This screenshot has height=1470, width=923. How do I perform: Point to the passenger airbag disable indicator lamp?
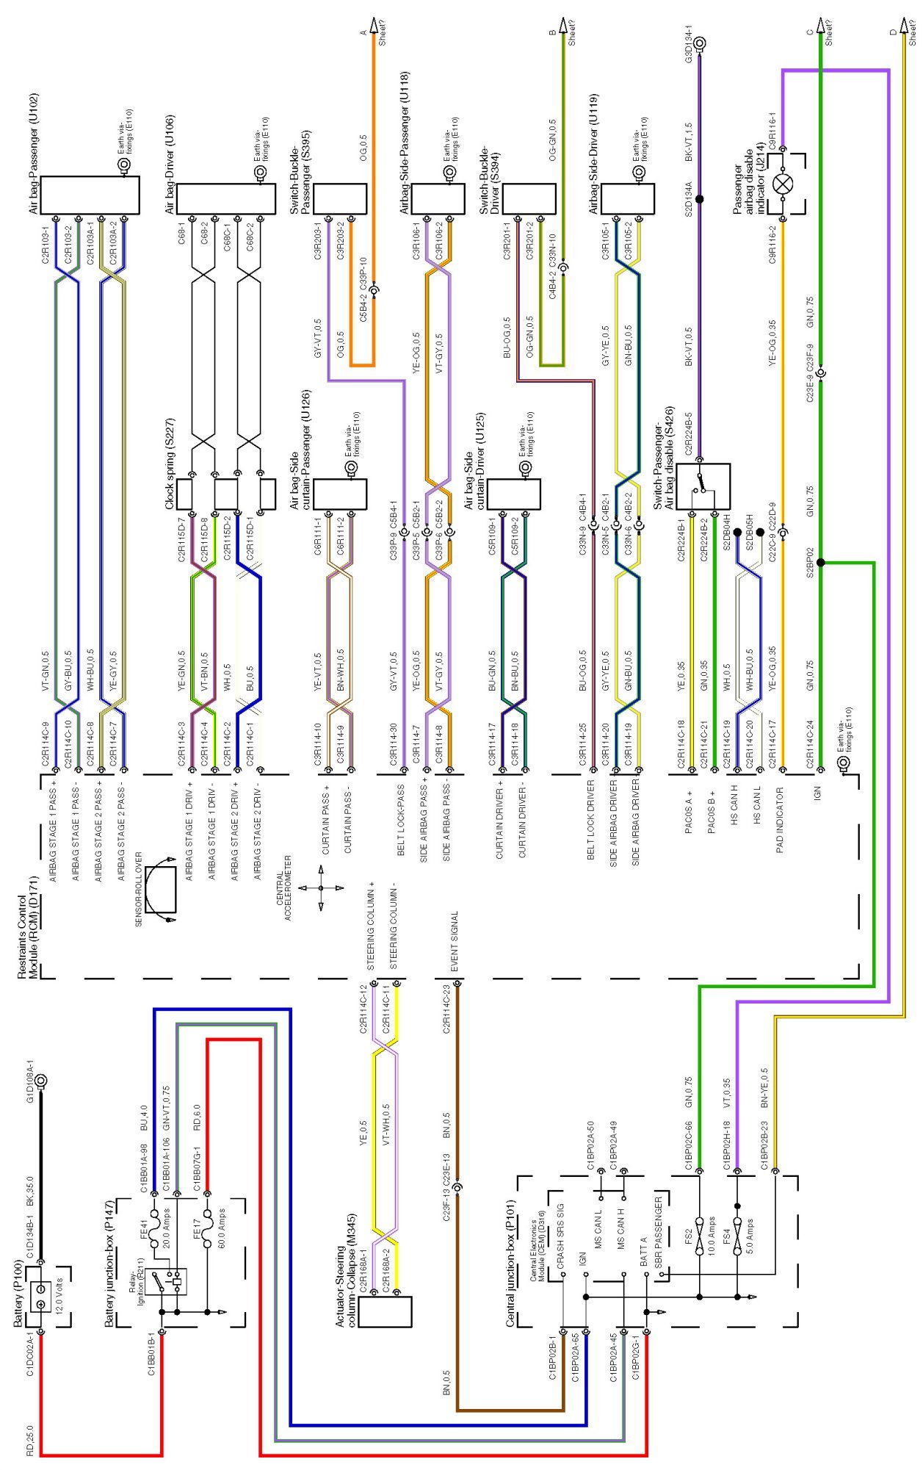click(783, 184)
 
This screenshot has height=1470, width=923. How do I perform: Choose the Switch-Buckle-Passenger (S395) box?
click(340, 198)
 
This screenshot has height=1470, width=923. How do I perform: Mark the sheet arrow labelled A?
click(373, 27)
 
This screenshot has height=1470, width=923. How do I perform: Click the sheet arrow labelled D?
click(903, 27)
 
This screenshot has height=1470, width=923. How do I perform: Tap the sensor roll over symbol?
click(160, 889)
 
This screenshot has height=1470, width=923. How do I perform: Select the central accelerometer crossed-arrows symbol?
click(321, 888)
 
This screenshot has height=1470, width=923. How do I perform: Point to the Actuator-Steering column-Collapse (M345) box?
click(391, 1311)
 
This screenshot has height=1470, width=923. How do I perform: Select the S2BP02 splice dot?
click(821, 563)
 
